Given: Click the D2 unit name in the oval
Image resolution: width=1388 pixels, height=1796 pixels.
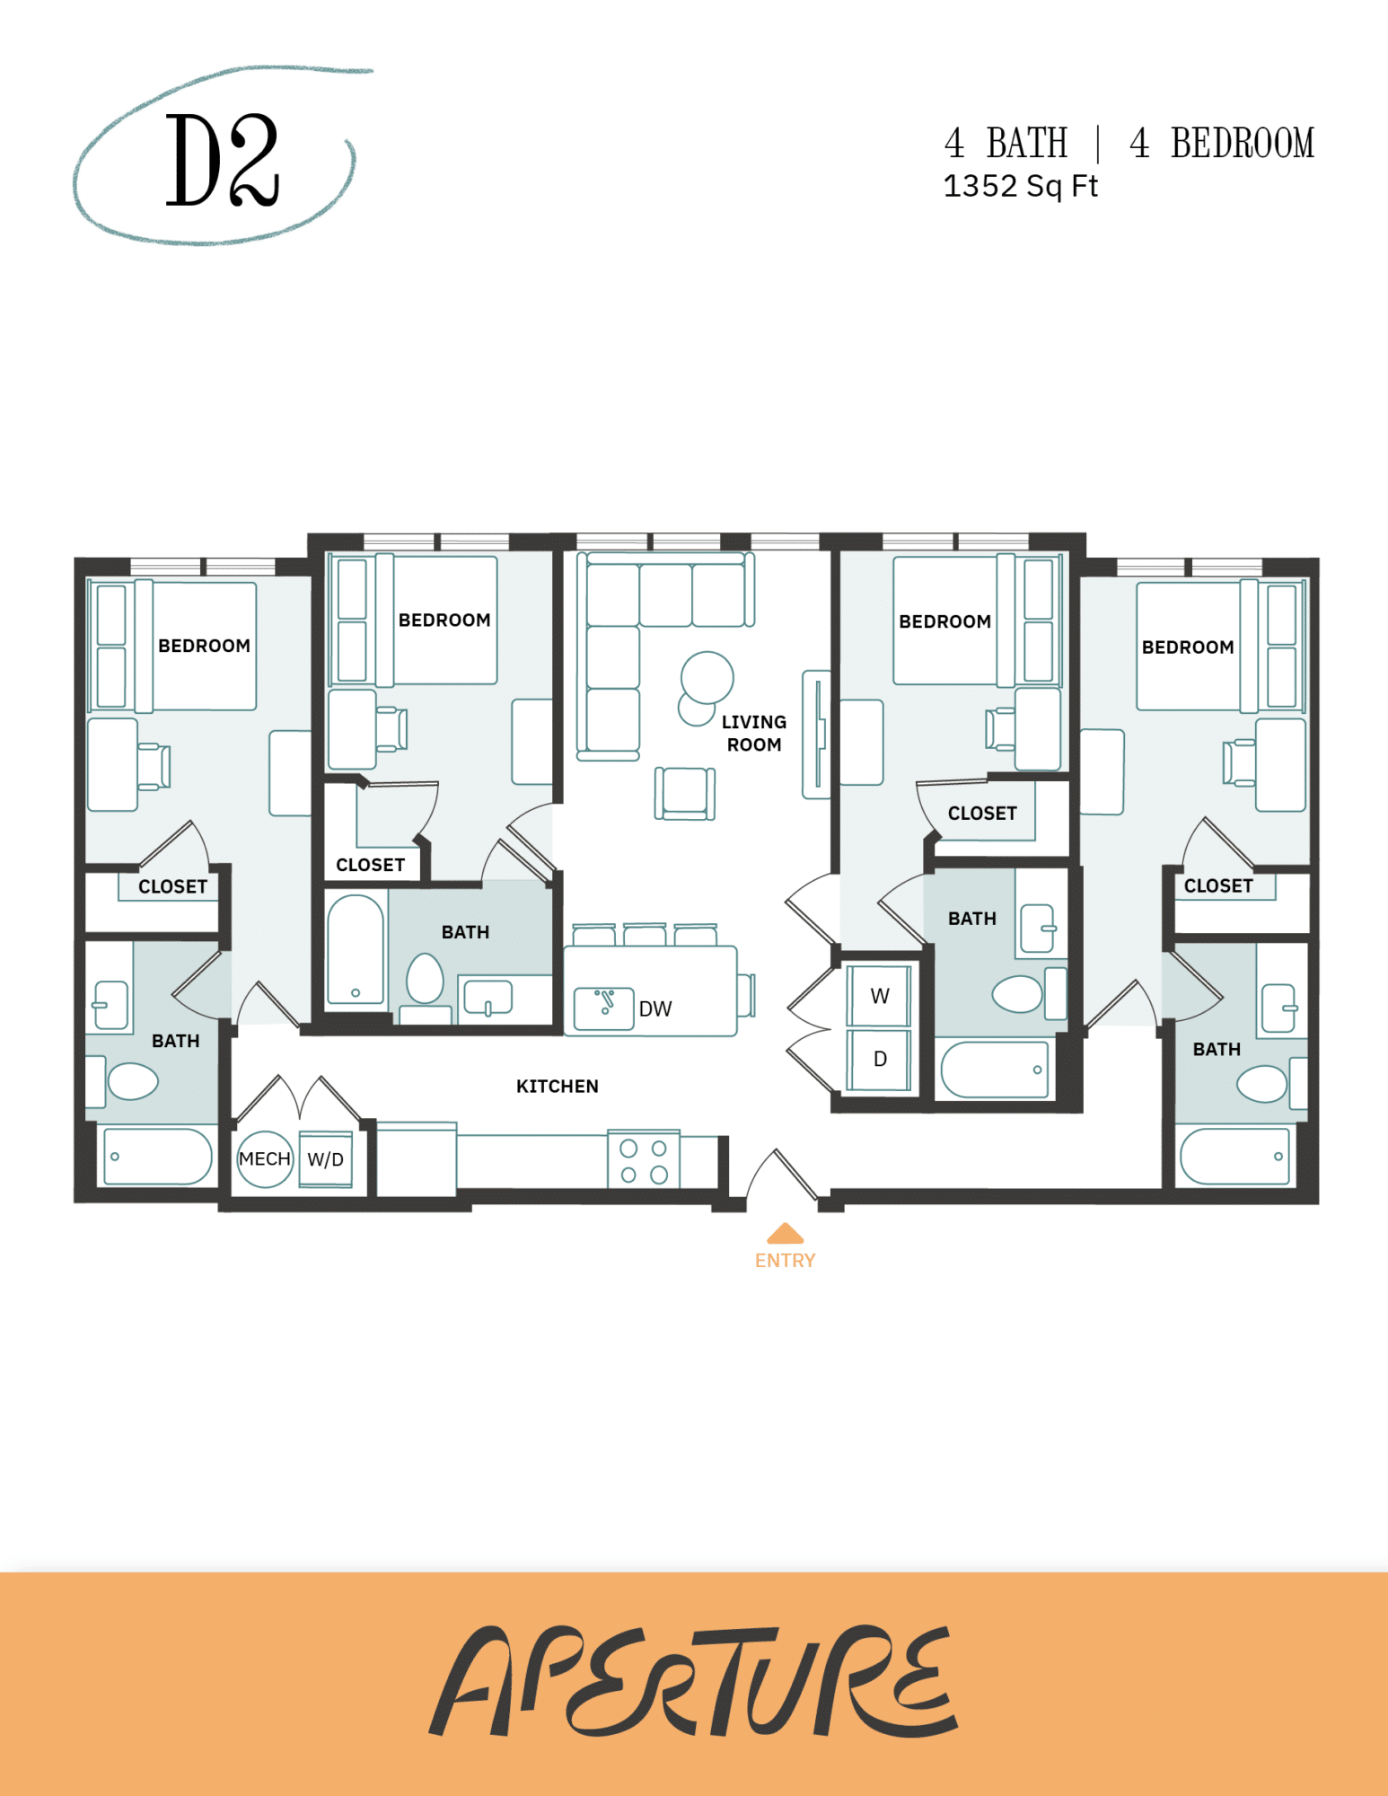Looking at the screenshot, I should [x=222, y=160].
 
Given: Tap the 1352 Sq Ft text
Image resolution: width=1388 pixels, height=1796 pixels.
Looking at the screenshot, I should [x=1020, y=186].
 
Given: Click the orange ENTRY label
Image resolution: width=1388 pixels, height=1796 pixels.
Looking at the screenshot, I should [x=785, y=1260].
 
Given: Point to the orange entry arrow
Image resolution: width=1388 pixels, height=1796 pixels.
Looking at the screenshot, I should [x=785, y=1233].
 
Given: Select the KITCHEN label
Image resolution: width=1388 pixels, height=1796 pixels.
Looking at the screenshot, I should [x=557, y=1086].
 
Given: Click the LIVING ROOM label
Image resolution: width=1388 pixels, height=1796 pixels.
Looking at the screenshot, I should [x=754, y=733].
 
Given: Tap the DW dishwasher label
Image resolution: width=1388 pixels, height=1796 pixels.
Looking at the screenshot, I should [x=654, y=1008].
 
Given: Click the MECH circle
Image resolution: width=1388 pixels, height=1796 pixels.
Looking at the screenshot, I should [x=265, y=1158].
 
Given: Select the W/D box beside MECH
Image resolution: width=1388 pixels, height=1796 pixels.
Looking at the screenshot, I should [x=325, y=1159].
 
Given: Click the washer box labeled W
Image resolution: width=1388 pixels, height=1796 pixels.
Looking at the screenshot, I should [x=879, y=996].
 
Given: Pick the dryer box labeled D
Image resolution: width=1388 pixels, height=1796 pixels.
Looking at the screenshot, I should [x=879, y=1059].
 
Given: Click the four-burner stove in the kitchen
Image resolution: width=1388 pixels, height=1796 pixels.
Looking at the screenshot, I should [x=644, y=1161].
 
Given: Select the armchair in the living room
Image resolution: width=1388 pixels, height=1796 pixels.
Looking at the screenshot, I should [x=684, y=793].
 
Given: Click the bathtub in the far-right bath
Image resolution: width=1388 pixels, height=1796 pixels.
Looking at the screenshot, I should [x=1235, y=1157].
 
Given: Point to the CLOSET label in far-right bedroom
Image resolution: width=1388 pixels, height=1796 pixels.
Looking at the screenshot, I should [x=1217, y=885].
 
